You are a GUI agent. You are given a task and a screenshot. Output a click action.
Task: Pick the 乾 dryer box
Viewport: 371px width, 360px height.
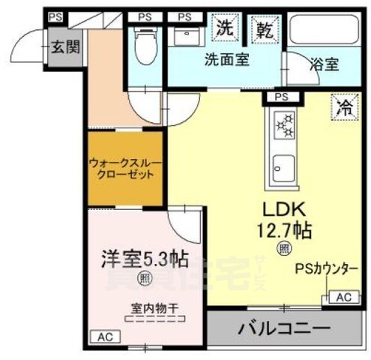pyautogui.click(x=265, y=30)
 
